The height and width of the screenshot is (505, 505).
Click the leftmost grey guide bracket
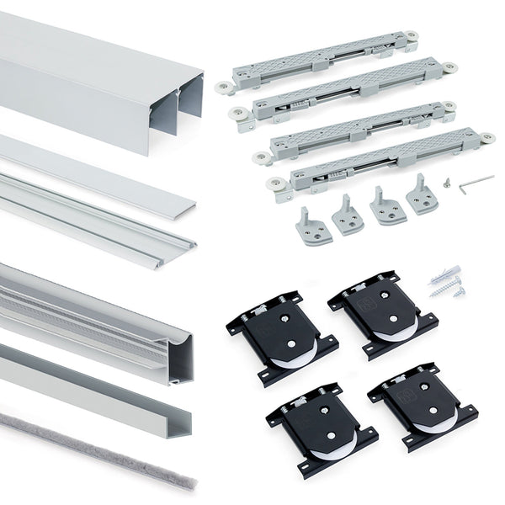point(312,225)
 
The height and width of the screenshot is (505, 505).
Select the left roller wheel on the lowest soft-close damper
point(274,183)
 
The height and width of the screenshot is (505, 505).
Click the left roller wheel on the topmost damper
point(225,87)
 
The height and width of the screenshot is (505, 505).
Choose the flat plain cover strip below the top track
point(93,168)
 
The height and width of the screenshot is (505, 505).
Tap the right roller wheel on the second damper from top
point(449,66)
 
